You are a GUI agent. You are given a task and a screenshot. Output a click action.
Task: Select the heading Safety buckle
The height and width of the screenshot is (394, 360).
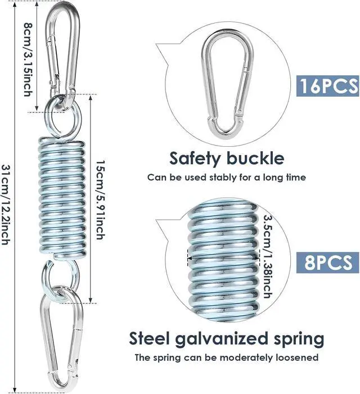point(227,158)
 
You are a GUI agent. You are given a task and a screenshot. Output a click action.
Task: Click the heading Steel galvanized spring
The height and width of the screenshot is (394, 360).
point(227,339)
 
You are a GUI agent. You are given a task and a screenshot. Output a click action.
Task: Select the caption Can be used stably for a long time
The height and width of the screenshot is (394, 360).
point(227,178)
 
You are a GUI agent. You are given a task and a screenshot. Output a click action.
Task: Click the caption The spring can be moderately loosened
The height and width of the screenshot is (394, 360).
point(227,357)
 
